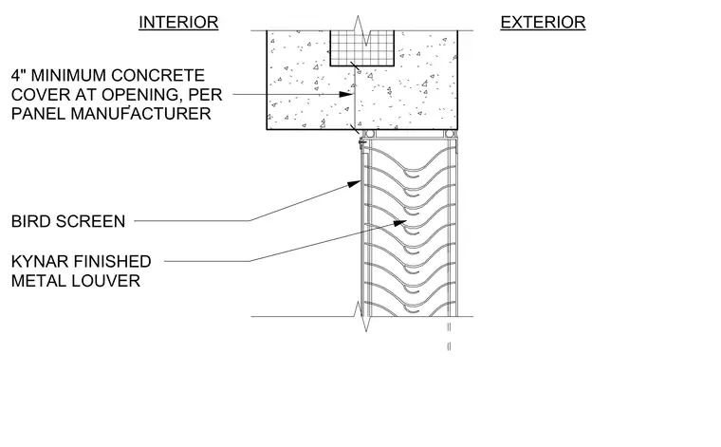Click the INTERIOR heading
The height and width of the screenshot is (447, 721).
[178, 22]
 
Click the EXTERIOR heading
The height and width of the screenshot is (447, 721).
[543, 22]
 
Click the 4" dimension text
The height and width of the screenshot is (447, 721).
[17, 75]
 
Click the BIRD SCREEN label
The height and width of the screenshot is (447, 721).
[68, 221]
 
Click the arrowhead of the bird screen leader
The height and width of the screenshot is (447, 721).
[354, 184]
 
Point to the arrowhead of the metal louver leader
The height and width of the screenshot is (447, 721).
[399, 223]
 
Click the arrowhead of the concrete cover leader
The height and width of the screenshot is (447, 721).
[345, 94]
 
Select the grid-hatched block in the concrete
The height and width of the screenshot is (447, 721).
[361, 48]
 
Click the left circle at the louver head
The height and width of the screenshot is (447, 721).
[369, 134]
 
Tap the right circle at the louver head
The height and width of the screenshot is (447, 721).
[450, 134]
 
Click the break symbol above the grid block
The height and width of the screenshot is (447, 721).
[361, 30]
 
